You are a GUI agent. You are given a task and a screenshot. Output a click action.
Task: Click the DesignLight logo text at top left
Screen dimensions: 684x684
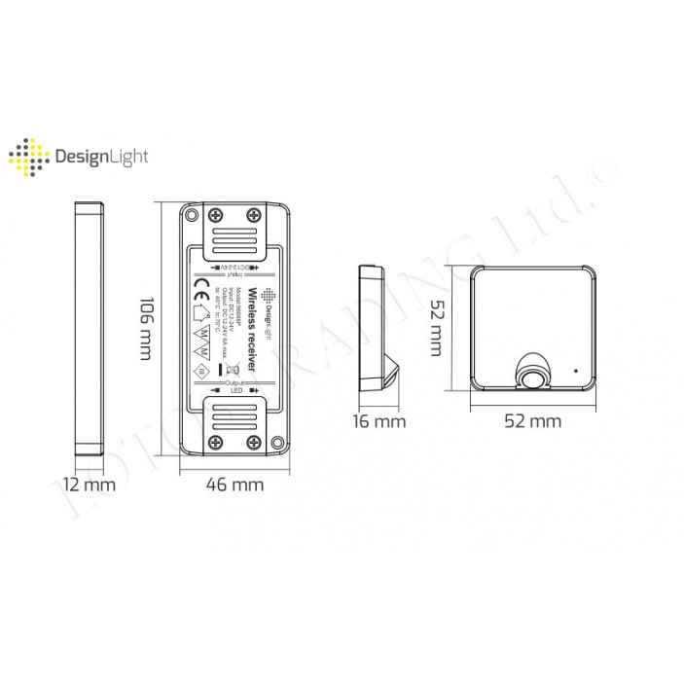tap(101, 155)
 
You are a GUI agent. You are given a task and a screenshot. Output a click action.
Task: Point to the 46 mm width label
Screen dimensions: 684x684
tap(234, 483)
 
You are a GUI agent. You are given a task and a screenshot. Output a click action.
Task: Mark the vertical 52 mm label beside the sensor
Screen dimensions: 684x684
tap(436, 327)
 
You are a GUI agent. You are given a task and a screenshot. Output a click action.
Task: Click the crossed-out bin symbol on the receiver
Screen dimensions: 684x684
tap(230, 369)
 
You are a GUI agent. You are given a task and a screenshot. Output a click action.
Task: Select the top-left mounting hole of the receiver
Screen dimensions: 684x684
tap(192, 214)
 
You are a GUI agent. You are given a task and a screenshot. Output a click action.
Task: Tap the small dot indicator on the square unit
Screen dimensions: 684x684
tap(575, 371)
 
